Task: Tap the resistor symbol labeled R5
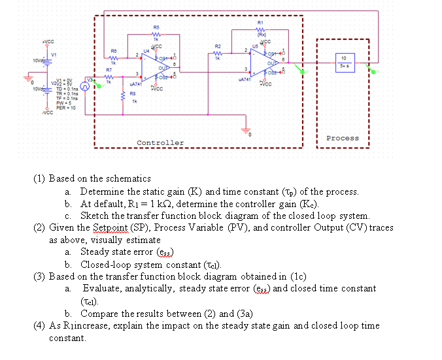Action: pos(156,35)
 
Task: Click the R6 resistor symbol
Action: pos(113,57)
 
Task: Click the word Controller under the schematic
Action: pos(160,142)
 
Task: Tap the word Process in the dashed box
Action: pos(342,138)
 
